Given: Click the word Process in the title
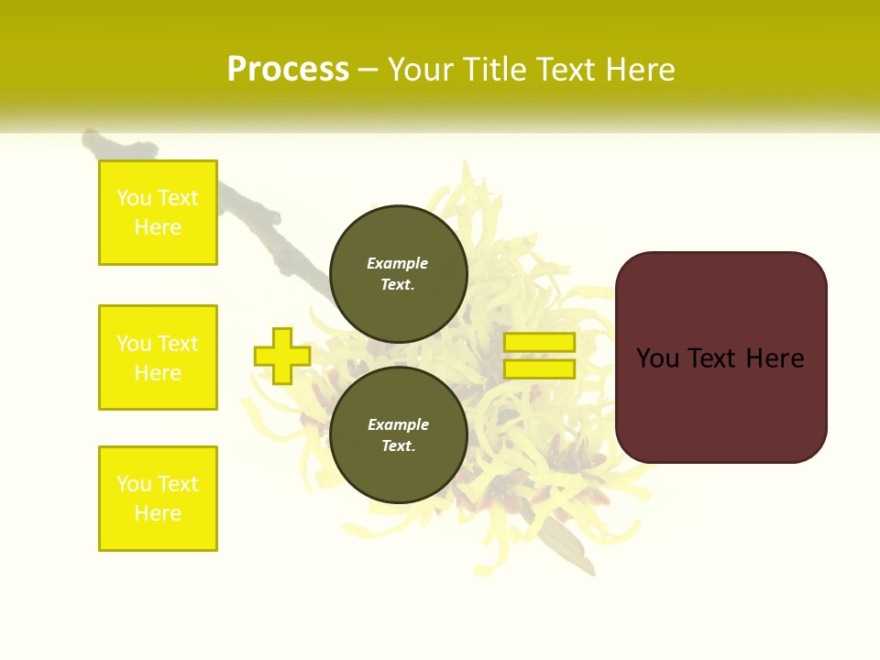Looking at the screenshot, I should pos(288,70).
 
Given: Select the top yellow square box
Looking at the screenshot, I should pos(158,213).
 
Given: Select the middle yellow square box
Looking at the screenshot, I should pos(158,357).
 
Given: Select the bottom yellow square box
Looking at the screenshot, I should pos(158,499).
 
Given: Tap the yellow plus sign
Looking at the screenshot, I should pos(282,356).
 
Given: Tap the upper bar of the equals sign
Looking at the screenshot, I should pos(539,342).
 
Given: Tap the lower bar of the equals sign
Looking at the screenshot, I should pos(539,369).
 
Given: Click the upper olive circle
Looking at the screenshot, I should pos(399,273).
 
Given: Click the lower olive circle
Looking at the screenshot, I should pos(399,435).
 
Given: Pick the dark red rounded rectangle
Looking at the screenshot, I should pos(720,403).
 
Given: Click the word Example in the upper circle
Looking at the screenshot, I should pos(397,263).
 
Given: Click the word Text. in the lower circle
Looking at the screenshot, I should pos(398,446).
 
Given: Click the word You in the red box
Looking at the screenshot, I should pos(657,358).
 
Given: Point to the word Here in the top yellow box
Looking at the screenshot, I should pos(158,227).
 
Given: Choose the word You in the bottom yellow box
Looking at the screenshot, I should pos(134,484).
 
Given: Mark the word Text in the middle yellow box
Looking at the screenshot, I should pos(178,344).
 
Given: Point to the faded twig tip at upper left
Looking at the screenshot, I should pos(92,139).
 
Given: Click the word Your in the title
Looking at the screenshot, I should pos(422,70).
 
